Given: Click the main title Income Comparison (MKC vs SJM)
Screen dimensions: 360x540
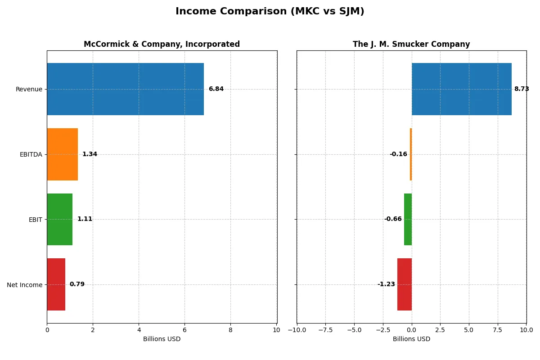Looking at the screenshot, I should point(270,12).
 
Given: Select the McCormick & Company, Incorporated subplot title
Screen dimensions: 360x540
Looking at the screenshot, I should point(162,44).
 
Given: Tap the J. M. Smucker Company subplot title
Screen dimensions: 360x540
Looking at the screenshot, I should point(411,44).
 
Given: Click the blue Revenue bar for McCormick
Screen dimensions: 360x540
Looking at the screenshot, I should point(125,89).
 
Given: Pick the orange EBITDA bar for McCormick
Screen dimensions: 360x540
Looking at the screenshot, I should point(62,154).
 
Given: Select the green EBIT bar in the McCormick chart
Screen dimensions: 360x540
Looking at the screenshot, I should point(59,219).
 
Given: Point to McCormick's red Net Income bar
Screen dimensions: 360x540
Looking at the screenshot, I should point(56,284).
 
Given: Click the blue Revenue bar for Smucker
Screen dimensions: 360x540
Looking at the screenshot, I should point(461,89).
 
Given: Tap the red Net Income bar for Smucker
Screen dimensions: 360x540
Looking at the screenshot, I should point(404,284).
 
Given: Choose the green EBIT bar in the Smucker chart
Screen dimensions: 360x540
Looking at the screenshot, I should point(408,219).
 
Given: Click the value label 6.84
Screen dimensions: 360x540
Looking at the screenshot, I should point(216,89).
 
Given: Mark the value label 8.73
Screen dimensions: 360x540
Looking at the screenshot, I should point(522,89).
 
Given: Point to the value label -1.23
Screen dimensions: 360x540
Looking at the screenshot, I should point(386,284).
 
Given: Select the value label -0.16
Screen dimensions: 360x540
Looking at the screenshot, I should point(398,154).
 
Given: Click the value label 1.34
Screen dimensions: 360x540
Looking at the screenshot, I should point(90,154).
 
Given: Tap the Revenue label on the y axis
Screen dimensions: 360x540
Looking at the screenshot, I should point(29,89).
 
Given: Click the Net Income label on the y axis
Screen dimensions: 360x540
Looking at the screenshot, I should point(25,285).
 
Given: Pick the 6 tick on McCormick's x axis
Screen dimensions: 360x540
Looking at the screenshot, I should point(184,330).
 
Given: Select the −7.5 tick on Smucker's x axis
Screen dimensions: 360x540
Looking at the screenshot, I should point(325,330).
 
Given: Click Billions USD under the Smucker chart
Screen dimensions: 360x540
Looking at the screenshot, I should point(411,339).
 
